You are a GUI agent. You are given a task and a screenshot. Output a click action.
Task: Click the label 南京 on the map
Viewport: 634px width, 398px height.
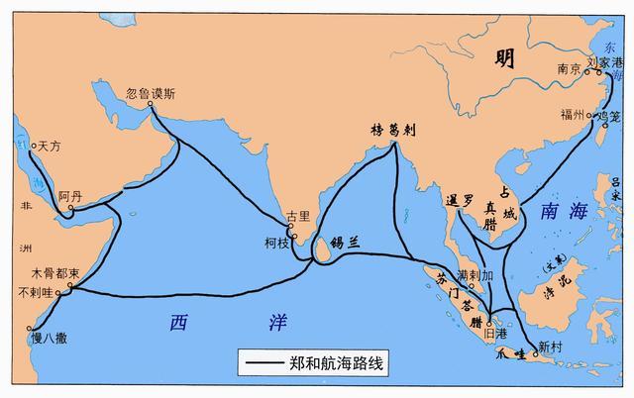(x=567, y=69)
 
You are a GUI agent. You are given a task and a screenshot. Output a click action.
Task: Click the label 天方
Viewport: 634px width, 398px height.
(x=52, y=146)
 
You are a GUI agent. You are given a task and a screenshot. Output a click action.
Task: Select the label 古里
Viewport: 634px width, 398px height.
(x=297, y=215)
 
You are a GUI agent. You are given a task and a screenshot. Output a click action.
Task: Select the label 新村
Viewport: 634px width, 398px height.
(x=549, y=347)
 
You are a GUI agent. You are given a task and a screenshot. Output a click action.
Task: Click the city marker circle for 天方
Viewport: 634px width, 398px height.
(x=33, y=146)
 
